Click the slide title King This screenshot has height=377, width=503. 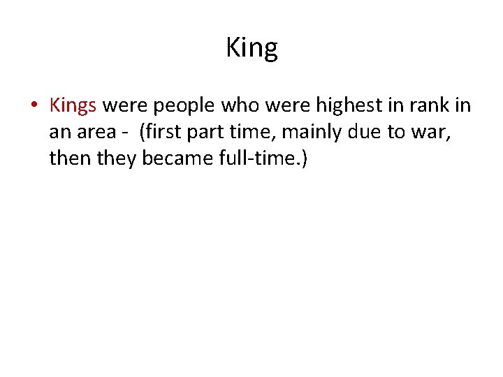(251, 48)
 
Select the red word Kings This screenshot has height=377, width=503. (73, 106)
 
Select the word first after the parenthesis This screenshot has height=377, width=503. (168, 132)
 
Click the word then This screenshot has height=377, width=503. (68, 158)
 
